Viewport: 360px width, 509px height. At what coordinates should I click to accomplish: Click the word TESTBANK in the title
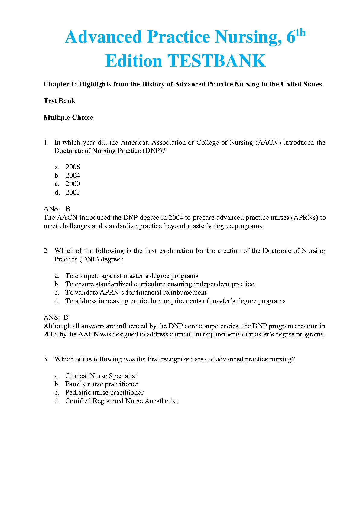pyautogui.click(x=216, y=61)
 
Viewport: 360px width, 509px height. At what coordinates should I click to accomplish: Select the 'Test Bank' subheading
pyautogui.click(x=59, y=101)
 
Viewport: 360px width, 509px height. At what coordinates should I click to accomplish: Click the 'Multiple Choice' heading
pyautogui.click(x=68, y=118)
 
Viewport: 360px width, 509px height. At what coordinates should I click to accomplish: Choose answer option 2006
pyautogui.click(x=73, y=167)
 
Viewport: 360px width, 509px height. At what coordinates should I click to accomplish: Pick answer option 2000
pyautogui.click(x=73, y=184)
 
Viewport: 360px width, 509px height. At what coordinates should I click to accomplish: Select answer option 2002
pyautogui.click(x=73, y=193)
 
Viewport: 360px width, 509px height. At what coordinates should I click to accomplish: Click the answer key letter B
pyautogui.click(x=68, y=209)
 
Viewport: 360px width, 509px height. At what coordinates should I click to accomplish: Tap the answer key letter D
pyautogui.click(x=66, y=318)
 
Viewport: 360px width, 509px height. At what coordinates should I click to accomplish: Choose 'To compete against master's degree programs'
pyautogui.click(x=132, y=276)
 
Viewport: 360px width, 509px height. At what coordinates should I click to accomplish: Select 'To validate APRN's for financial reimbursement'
pyautogui.click(x=136, y=293)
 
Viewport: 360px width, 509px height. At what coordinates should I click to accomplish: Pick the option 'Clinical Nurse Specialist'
pyautogui.click(x=101, y=376)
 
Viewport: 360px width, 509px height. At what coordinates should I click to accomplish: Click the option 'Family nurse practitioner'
pyautogui.click(x=102, y=384)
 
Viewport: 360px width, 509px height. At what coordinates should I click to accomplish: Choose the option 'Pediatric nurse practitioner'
pyautogui.click(x=104, y=393)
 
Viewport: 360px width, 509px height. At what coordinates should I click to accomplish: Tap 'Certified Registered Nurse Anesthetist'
pyautogui.click(x=121, y=401)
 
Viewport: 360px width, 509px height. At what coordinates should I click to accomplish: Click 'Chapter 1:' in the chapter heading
pyautogui.click(x=60, y=84)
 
